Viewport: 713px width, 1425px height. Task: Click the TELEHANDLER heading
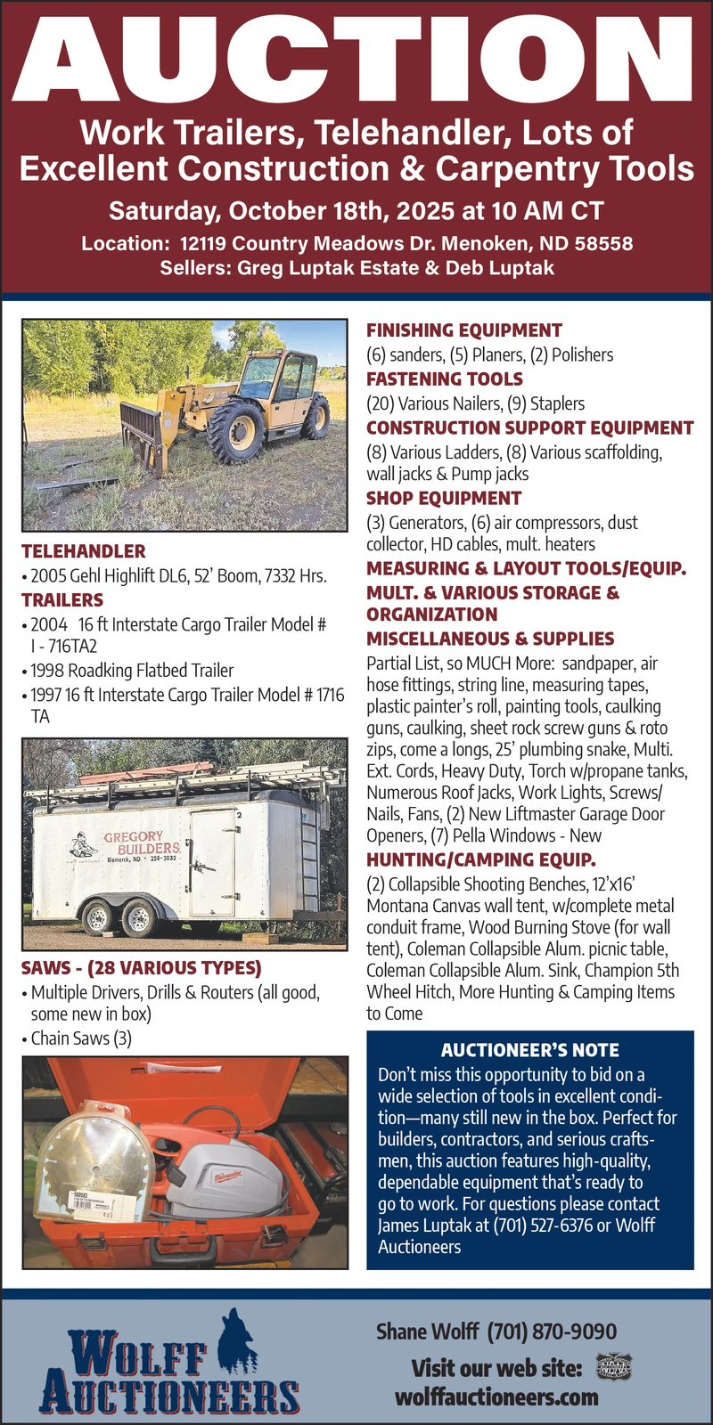83,551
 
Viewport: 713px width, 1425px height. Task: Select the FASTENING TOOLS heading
445,379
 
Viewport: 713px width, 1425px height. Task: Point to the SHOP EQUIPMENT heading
444,498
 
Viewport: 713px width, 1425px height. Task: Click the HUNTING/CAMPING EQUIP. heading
481,860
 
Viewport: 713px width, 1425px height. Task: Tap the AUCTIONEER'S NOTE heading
529,1051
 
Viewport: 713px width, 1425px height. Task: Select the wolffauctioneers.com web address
496,1396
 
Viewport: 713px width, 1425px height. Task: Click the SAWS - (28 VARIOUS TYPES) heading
141,968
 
